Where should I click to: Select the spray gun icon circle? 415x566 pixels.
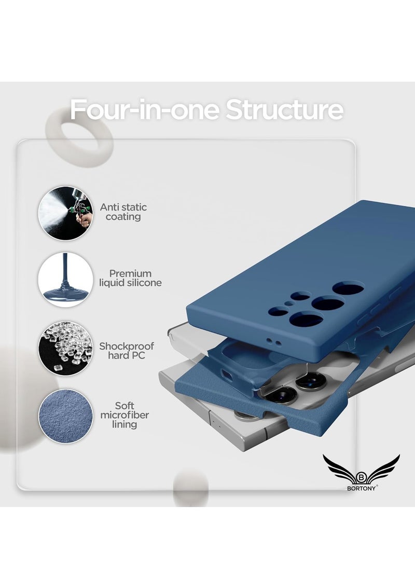click(x=66, y=213)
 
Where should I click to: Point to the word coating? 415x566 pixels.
click(x=123, y=217)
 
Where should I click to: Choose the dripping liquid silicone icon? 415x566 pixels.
click(x=66, y=280)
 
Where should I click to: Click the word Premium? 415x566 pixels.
click(x=130, y=273)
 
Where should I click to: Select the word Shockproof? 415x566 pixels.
click(x=127, y=346)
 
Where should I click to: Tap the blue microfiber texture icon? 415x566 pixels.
click(x=66, y=416)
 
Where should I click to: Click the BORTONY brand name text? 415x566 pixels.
click(x=362, y=487)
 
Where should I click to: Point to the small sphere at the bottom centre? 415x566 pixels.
click(x=190, y=487)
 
